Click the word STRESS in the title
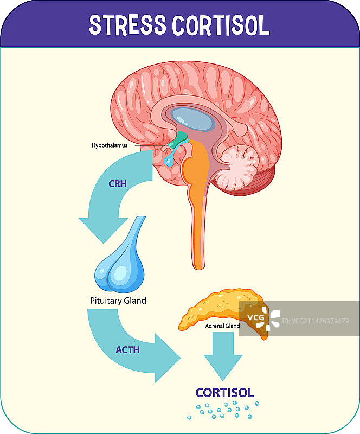point(128,25)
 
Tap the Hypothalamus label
point(110,145)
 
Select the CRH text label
point(117,183)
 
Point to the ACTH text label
point(127,350)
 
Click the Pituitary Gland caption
point(118,301)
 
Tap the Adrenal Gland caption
point(222,326)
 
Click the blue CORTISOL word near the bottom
point(224,393)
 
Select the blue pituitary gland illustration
point(123,260)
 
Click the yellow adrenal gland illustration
point(217,309)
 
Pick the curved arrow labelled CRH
point(111,201)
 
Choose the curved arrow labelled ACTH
point(136,347)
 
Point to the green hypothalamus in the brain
point(178,140)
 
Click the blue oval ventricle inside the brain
point(192,119)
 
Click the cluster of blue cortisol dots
point(222,410)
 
